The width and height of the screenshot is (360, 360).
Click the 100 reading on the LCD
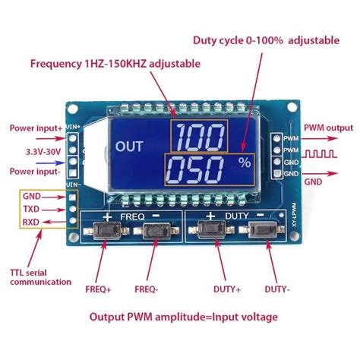[197, 137]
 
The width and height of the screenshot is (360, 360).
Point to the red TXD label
[30, 209]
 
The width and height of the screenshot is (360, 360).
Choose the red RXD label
[30, 223]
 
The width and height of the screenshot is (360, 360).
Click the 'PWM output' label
[329, 128]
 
